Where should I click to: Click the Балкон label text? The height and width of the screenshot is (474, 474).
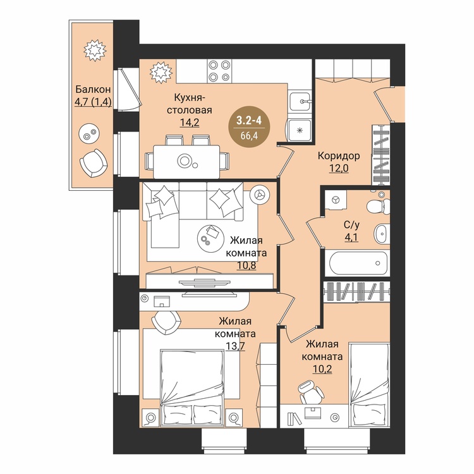(x=93, y=90)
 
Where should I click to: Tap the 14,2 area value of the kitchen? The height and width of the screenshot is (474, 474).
(x=190, y=123)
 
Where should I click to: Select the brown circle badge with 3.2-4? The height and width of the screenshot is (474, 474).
(x=249, y=127)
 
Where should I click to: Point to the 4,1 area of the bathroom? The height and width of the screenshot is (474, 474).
(x=351, y=237)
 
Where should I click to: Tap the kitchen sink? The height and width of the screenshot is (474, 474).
(x=300, y=101)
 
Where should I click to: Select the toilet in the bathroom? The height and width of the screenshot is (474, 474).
(x=377, y=205)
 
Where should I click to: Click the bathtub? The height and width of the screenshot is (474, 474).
(x=358, y=263)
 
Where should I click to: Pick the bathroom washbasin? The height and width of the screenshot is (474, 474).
(x=382, y=234)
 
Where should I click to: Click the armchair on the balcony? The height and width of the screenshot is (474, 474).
(x=94, y=163)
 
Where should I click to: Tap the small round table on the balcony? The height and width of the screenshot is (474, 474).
(x=88, y=133)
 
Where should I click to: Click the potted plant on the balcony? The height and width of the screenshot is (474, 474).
(x=95, y=50)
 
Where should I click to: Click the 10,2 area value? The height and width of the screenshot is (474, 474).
(x=322, y=369)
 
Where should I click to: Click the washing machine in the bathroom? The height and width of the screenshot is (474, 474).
(x=335, y=200)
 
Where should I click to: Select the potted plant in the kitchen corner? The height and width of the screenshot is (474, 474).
(x=161, y=72)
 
